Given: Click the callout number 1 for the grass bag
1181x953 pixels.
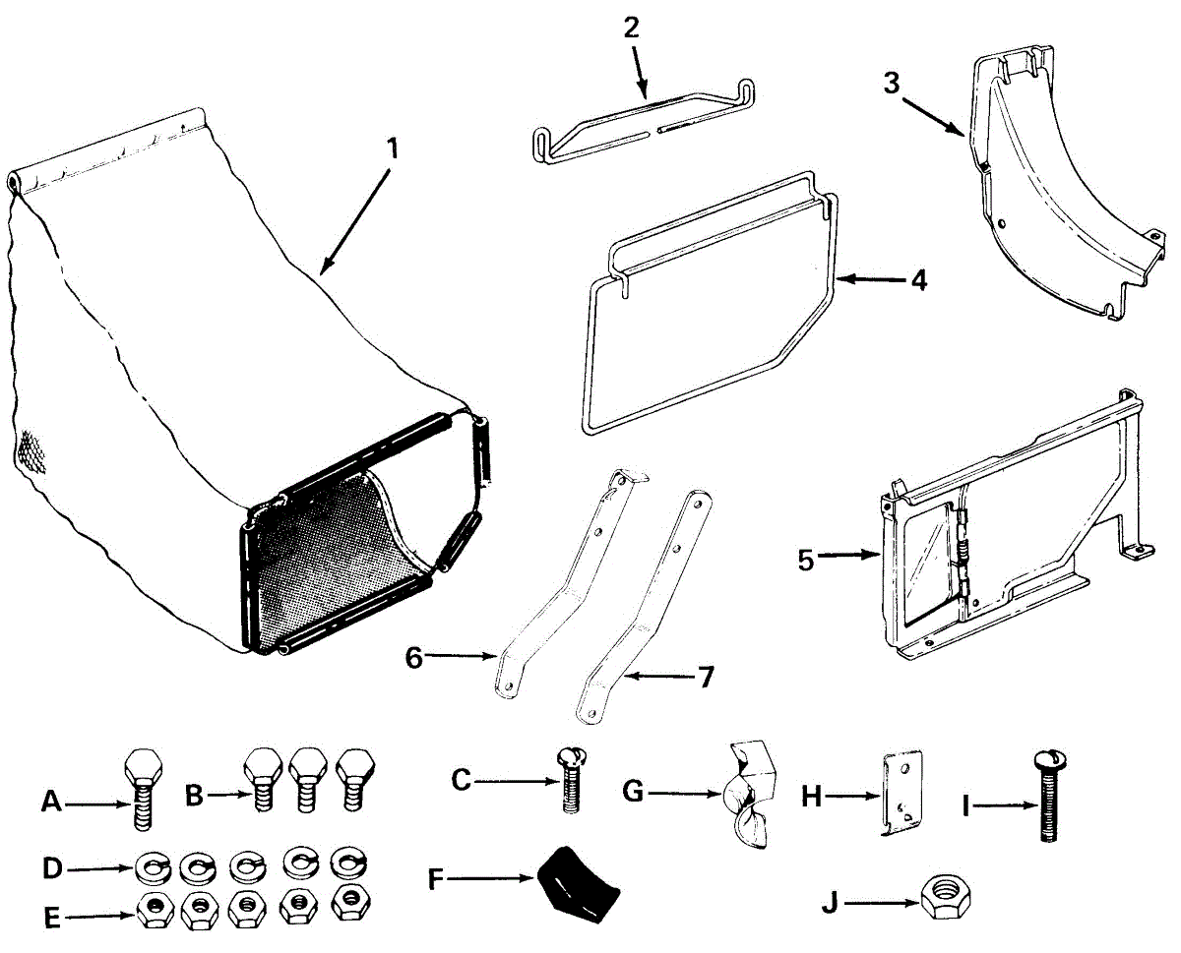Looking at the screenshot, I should point(392,149).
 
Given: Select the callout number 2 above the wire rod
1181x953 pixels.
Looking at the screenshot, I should point(631,27).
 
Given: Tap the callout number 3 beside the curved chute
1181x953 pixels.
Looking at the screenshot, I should point(892,84).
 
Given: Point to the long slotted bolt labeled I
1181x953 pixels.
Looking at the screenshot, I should point(1046,797).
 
